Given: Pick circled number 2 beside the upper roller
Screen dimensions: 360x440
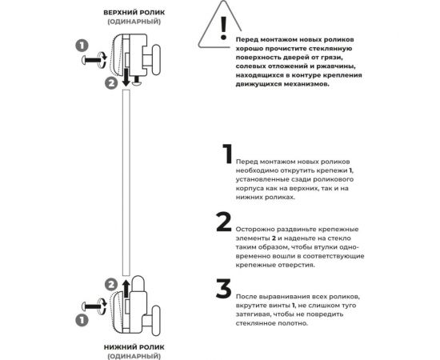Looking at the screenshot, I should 110,82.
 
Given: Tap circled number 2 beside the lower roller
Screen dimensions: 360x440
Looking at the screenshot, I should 110,284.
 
